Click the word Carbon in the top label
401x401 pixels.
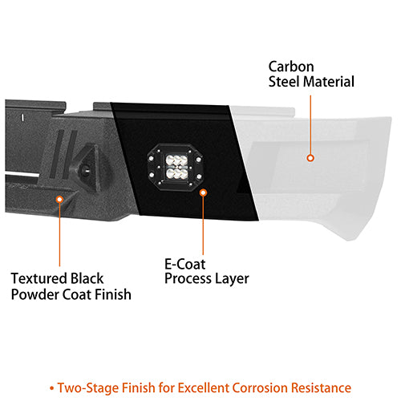point(291,67)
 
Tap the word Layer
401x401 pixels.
point(233,279)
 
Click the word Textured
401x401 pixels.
point(38,279)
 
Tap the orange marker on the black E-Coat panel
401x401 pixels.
point(203,193)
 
